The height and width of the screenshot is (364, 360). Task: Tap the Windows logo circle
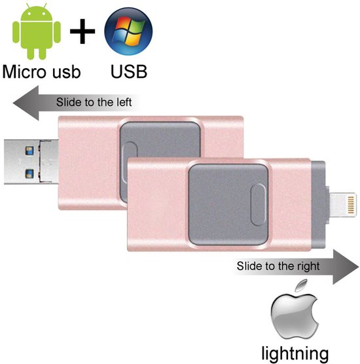point(128,32)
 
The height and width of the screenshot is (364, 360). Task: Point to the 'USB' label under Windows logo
point(128,71)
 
